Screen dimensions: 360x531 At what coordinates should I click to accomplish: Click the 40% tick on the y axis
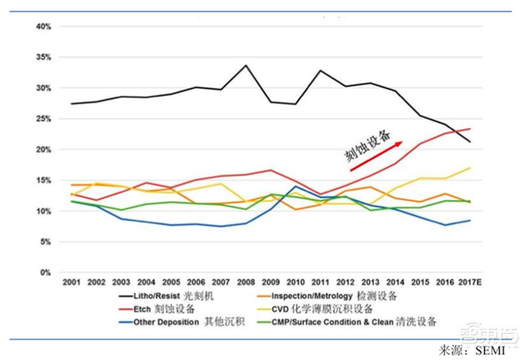click(x=43, y=26)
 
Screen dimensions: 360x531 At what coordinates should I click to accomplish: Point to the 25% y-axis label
click(x=43, y=119)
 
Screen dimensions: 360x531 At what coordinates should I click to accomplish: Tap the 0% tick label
click(x=45, y=272)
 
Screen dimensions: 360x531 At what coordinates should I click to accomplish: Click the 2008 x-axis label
click(x=246, y=283)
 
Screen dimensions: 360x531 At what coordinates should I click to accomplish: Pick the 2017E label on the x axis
click(x=470, y=283)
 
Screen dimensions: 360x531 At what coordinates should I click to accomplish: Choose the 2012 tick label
click(x=345, y=283)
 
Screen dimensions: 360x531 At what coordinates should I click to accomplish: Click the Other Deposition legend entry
click(x=179, y=322)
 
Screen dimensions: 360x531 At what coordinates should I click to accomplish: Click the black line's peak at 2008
click(x=246, y=65)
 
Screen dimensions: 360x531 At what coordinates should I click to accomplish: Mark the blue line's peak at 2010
click(x=295, y=186)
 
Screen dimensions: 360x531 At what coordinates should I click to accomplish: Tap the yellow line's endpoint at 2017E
click(x=470, y=167)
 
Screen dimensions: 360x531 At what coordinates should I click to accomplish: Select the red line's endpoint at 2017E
click(x=470, y=129)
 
